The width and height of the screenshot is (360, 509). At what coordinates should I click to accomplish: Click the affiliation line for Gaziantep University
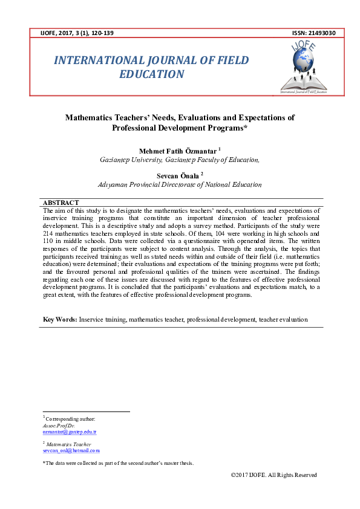[x=180, y=160]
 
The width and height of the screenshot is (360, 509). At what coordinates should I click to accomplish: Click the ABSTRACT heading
[x=61, y=203]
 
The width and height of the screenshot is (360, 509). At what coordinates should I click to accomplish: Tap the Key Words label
[x=59, y=319]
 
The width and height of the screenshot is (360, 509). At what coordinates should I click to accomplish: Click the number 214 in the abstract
[x=50, y=232]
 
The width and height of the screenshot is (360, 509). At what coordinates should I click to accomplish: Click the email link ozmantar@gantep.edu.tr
[x=70, y=432]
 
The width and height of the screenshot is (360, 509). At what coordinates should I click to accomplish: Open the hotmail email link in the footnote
[x=71, y=450]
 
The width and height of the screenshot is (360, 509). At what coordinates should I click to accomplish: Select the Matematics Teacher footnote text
[x=68, y=444]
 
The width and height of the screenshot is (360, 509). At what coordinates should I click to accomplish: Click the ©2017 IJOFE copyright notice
[x=273, y=475]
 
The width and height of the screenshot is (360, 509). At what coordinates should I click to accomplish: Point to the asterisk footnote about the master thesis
[x=118, y=463]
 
